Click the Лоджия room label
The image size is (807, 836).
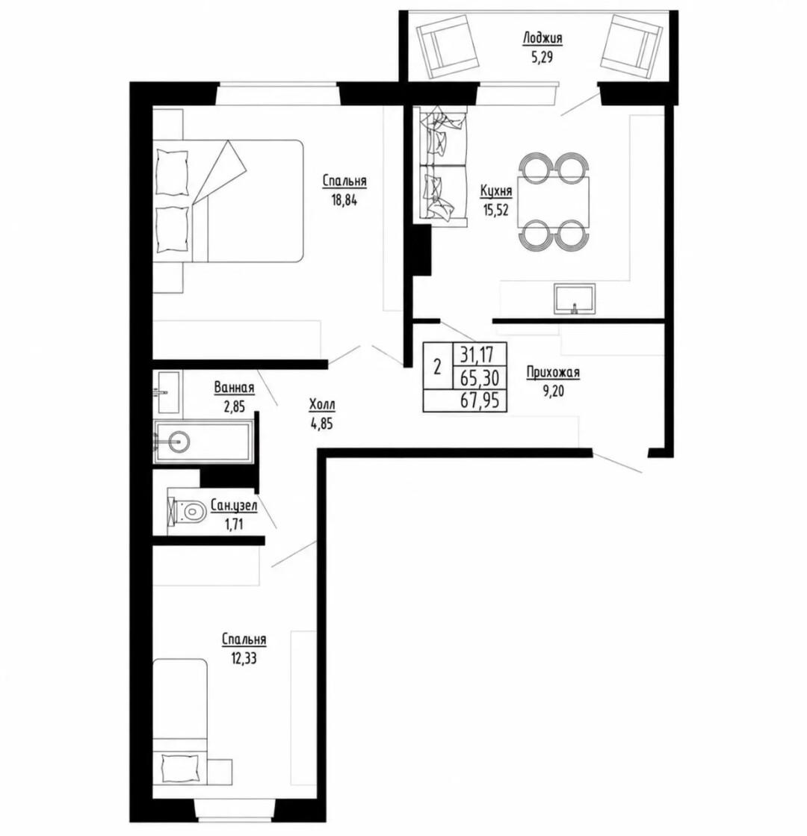coord(542,38)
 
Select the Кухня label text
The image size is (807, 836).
coord(496,191)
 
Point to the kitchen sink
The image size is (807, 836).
coord(575,299)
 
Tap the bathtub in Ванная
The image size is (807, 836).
coord(202,442)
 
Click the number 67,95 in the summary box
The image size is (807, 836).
coord(480,400)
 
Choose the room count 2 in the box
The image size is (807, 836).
coord(437,367)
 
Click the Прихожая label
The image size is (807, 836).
coord(553,373)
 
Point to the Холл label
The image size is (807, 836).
coord(322,405)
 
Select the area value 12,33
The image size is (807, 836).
coord(244,658)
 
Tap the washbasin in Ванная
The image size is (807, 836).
coord(168,392)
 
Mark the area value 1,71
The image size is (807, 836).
coord(234,524)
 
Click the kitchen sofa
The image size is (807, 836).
coord(441,165)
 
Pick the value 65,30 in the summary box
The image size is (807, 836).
coord(480,377)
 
